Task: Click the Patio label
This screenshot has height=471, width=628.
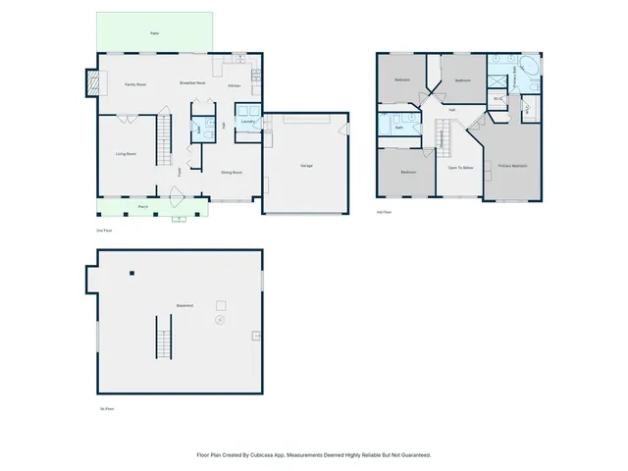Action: coord(154,33)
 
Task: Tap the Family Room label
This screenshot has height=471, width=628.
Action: coord(135,85)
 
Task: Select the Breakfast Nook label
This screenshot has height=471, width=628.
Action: coord(192,82)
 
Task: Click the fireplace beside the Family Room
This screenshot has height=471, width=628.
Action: coord(94,83)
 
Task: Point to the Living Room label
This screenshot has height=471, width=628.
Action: coord(126,154)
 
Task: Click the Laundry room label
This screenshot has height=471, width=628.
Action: coord(247,122)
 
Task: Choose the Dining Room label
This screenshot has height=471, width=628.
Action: coord(232,172)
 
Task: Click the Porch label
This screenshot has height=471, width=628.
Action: coord(143,207)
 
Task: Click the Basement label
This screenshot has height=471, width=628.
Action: coord(183,305)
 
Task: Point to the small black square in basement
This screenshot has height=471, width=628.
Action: coord(132,272)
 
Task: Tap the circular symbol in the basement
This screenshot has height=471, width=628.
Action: coord(220,319)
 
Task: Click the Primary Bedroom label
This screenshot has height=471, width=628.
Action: coord(512,166)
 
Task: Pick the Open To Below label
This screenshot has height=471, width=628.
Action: coord(461,169)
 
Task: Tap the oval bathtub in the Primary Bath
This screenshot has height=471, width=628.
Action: coord(528,67)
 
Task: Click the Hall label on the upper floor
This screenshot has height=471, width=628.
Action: coord(451,110)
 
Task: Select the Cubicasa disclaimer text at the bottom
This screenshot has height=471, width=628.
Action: coord(313,455)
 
